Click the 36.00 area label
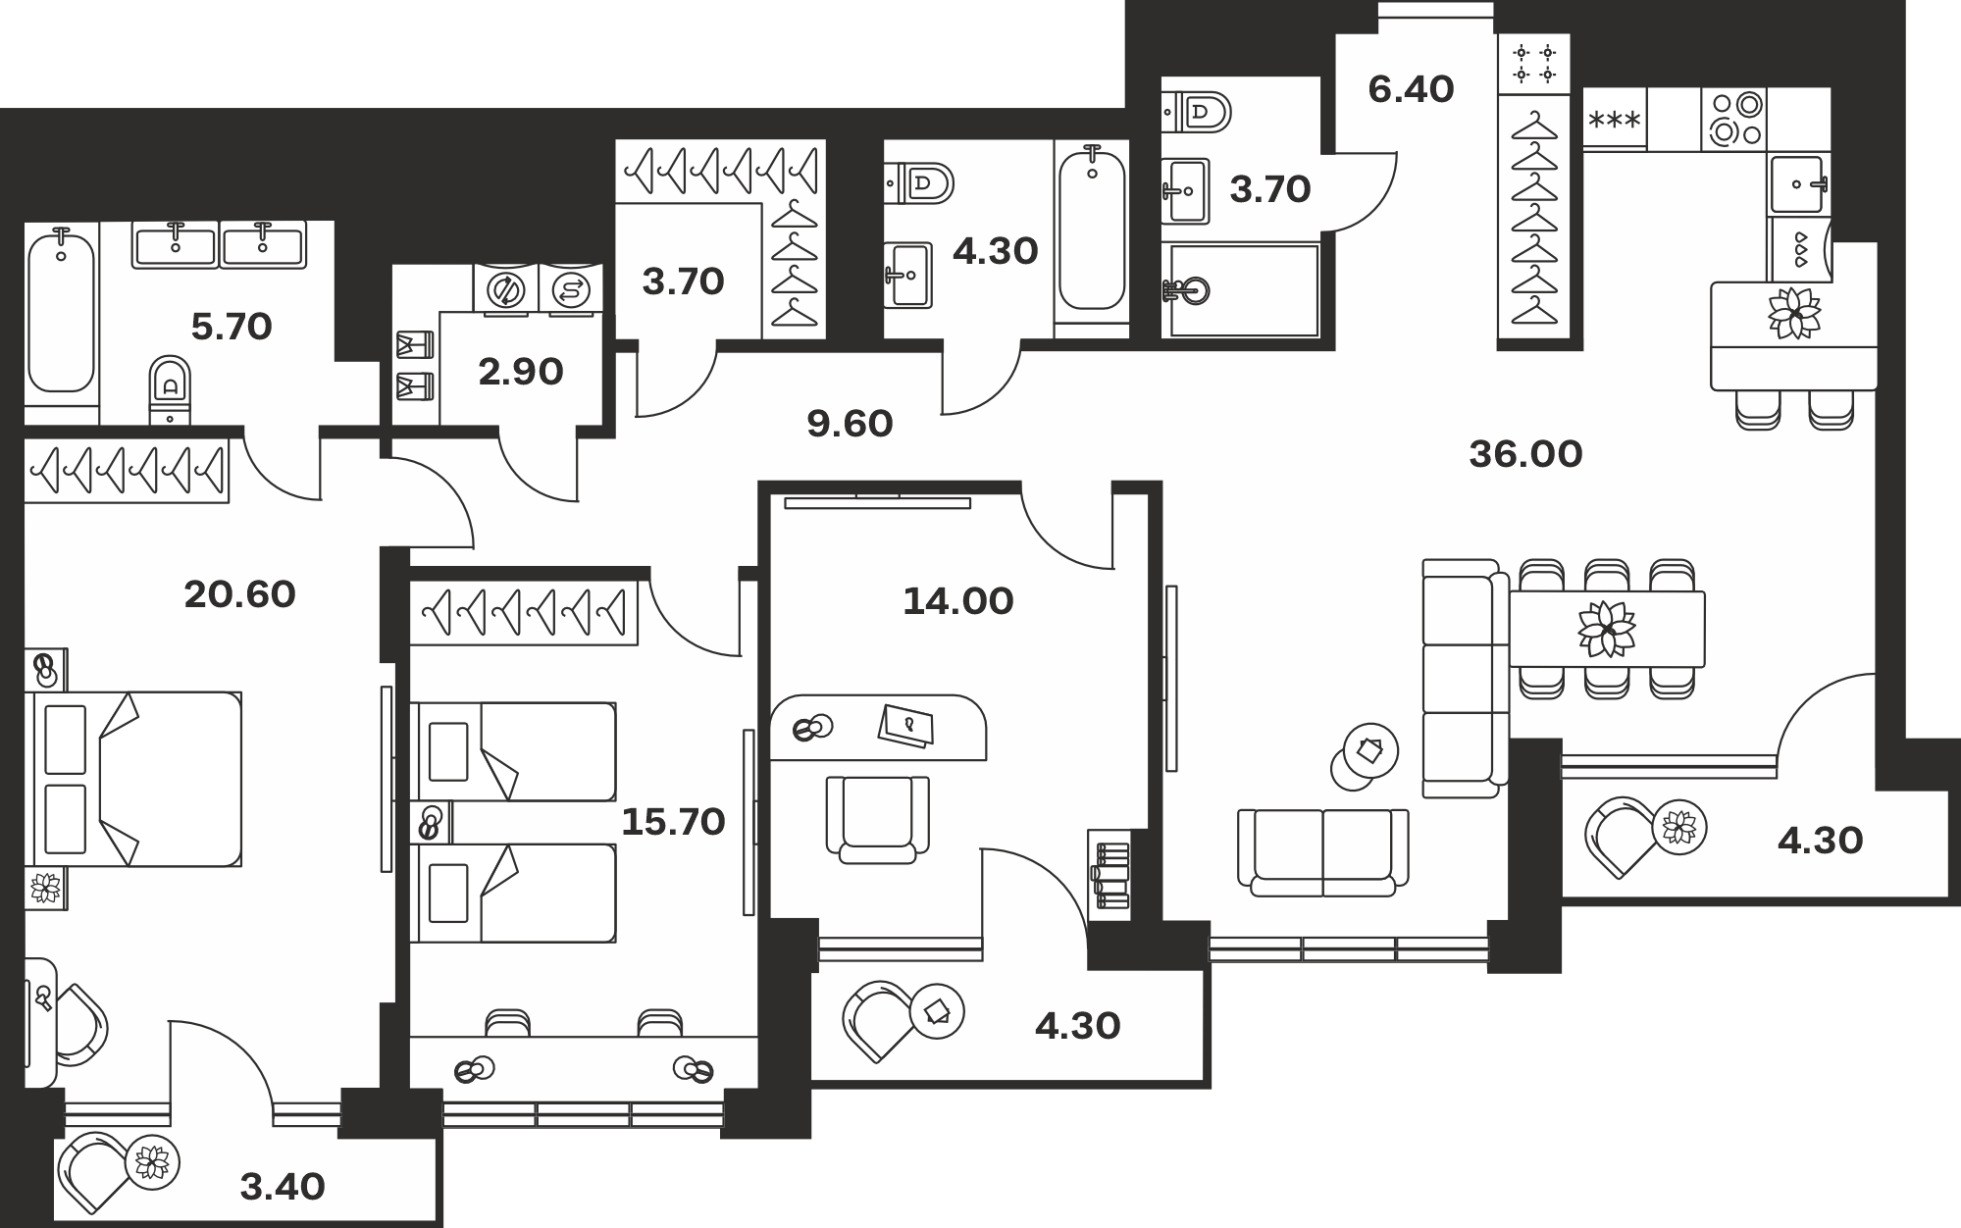tap(1525, 454)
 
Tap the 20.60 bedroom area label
tap(240, 594)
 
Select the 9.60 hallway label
tap(850, 424)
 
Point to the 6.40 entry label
tap(1411, 89)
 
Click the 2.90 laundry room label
tap(521, 372)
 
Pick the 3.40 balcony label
tap(283, 1187)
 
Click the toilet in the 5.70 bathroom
tap(171, 389)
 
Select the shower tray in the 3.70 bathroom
tap(1241, 289)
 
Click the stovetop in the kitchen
tap(1734, 119)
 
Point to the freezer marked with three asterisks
tap(1614, 119)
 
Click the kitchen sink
tap(1799, 183)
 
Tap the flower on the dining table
tap(1607, 629)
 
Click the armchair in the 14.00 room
tap(878, 819)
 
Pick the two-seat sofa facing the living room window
tap(1322, 852)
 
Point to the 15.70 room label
tap(673, 822)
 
